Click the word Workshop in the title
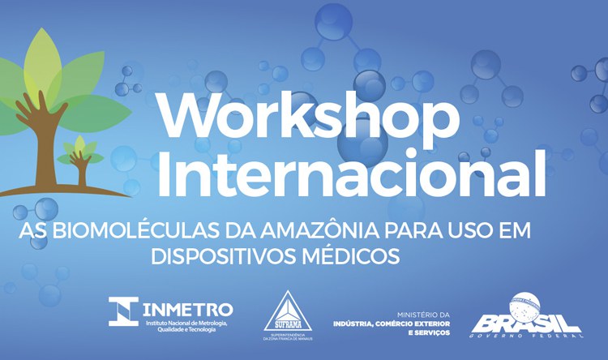click(307, 117)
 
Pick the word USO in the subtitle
click(466, 231)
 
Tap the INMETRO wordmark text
click(189, 310)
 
